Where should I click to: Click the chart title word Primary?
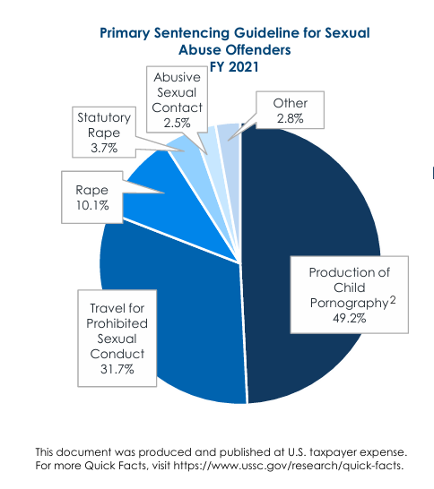pos(125,33)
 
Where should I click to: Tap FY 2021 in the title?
pos(234,67)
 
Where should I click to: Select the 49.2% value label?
pos(350,318)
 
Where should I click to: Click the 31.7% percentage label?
pos(117,369)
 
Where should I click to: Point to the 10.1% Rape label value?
pos(92,205)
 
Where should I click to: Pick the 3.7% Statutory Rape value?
pos(104,148)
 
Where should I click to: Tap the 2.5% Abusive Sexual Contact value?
pos(177,123)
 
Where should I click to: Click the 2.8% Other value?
pos(290,118)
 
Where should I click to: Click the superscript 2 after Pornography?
pos(393,300)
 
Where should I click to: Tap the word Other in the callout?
pos(291,103)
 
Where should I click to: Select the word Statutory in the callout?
pos(104,117)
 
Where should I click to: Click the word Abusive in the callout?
pos(177,77)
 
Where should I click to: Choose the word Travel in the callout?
pos(105,308)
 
